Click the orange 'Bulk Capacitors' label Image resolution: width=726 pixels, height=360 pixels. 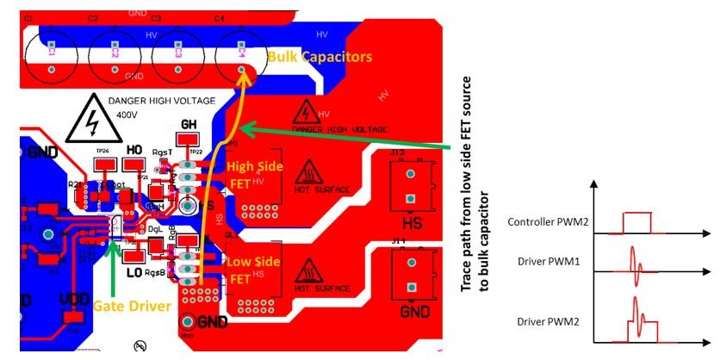pyautogui.click(x=320, y=57)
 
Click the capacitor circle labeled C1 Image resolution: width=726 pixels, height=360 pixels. pyautogui.click(x=51, y=53)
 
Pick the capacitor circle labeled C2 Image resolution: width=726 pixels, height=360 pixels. pyautogui.click(x=115, y=53)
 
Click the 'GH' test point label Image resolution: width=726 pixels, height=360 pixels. pyautogui.click(x=189, y=123)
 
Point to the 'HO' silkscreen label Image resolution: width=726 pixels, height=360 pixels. pyautogui.click(x=133, y=150)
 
